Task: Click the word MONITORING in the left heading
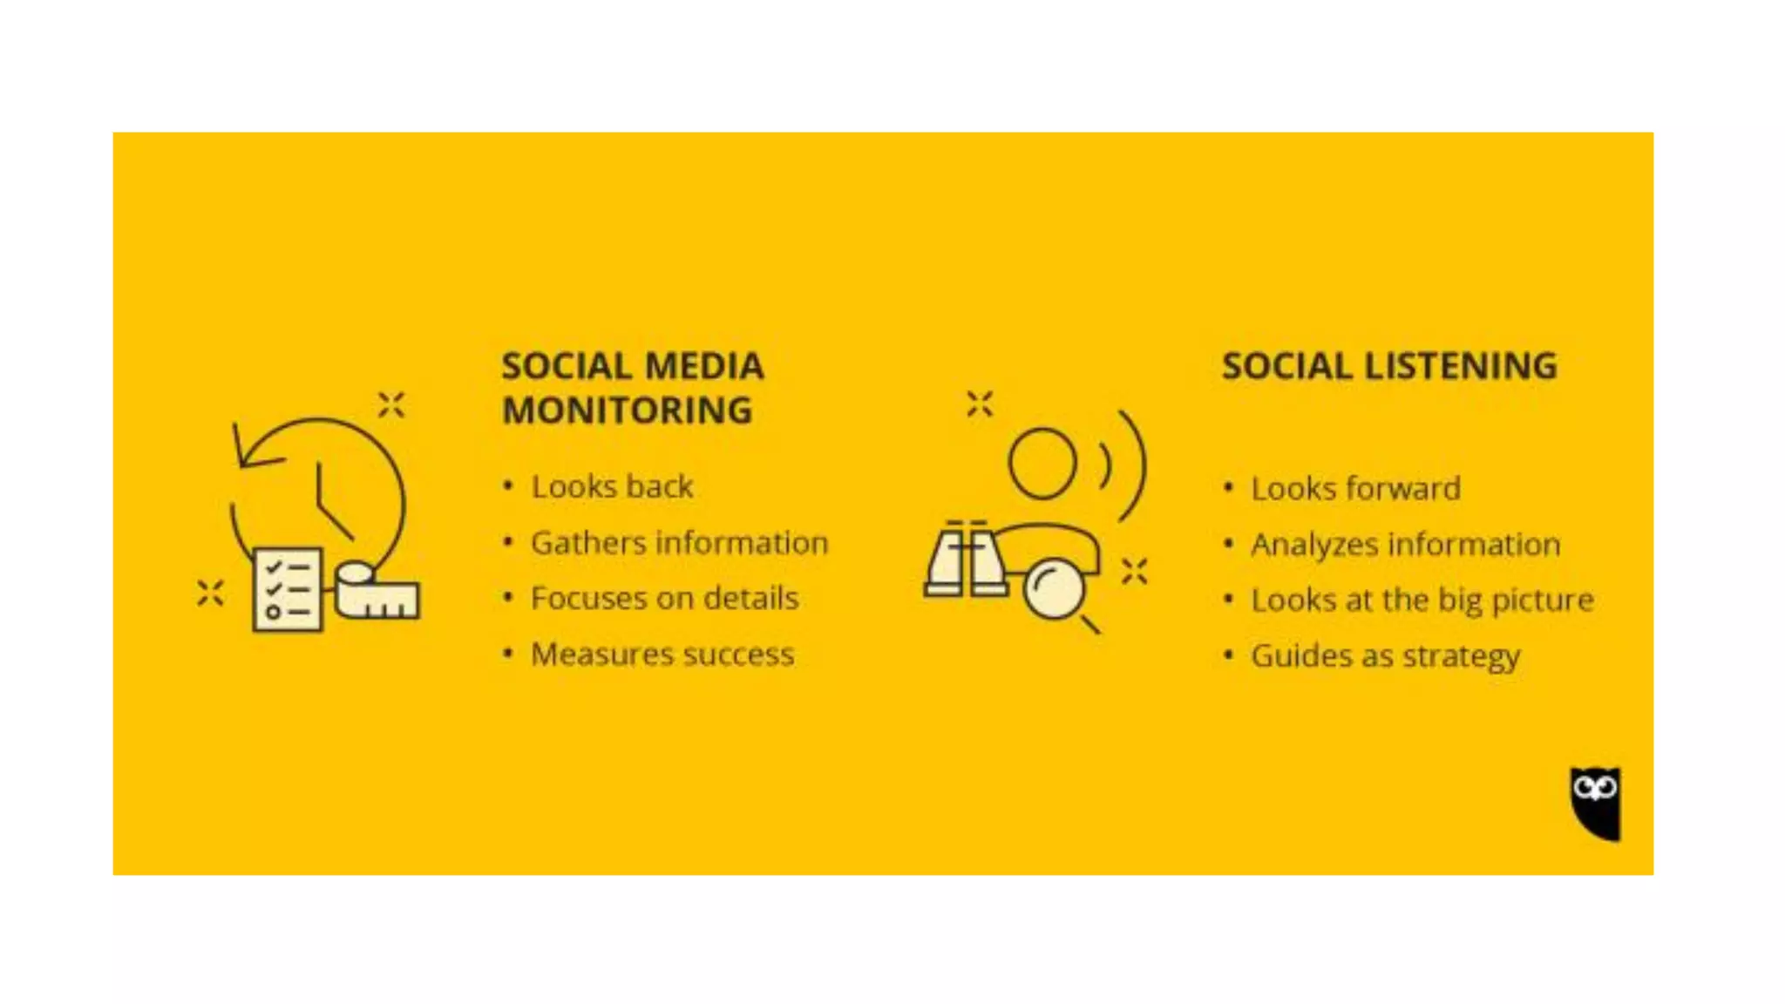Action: pyautogui.click(x=627, y=410)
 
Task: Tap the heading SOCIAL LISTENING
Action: pyautogui.click(x=1389, y=366)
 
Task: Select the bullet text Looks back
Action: pyautogui.click(x=612, y=486)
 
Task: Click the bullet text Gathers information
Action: pyautogui.click(x=679, y=543)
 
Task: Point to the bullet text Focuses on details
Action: pyautogui.click(x=664, y=599)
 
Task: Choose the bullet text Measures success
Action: pyautogui.click(x=662, y=655)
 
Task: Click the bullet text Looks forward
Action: pyautogui.click(x=1355, y=489)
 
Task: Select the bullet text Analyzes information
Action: pyautogui.click(x=1405, y=545)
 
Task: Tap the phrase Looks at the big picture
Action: pyautogui.click(x=1422, y=600)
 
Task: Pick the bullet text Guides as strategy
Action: pyautogui.click(x=1385, y=656)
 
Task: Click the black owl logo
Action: pyautogui.click(x=1596, y=803)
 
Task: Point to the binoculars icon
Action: pyautogui.click(x=965, y=562)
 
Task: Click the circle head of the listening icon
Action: pyautogui.click(x=1042, y=463)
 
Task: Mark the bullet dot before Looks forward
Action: pyautogui.click(x=1228, y=487)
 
